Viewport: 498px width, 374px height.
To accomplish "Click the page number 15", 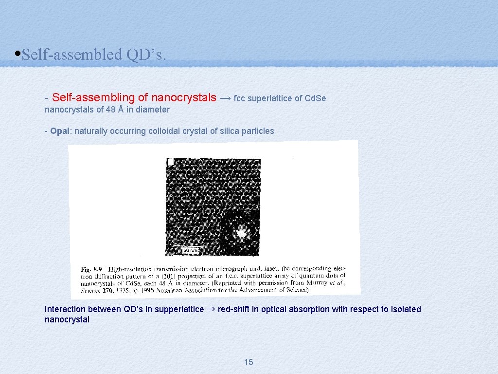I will (249, 362).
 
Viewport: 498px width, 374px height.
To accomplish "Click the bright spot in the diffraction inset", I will (241, 233).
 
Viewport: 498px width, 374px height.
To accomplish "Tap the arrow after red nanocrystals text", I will (225, 98).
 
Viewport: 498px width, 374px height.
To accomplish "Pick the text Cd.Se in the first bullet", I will (315, 98).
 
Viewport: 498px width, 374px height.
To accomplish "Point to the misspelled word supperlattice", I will (179, 309).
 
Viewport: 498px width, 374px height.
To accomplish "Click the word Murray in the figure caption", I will (322, 283).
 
